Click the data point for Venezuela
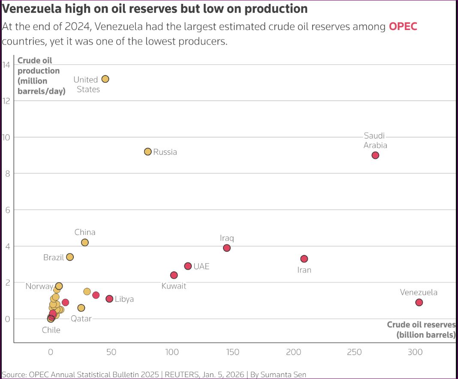(419, 302)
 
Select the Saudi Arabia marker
(375, 155)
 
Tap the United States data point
(105, 79)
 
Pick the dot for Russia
(148, 151)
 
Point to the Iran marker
(304, 259)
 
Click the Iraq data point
(227, 248)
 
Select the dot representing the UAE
(188, 266)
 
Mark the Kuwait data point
(174, 275)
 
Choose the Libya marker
(109, 299)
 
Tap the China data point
(85, 242)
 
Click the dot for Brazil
(70, 257)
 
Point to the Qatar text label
(81, 319)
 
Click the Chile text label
(51, 330)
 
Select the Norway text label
(39, 286)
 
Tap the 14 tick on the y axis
(6, 65)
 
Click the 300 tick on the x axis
(415, 352)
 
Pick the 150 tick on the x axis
(232, 352)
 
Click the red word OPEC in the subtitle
(403, 27)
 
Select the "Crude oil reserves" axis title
(421, 329)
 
